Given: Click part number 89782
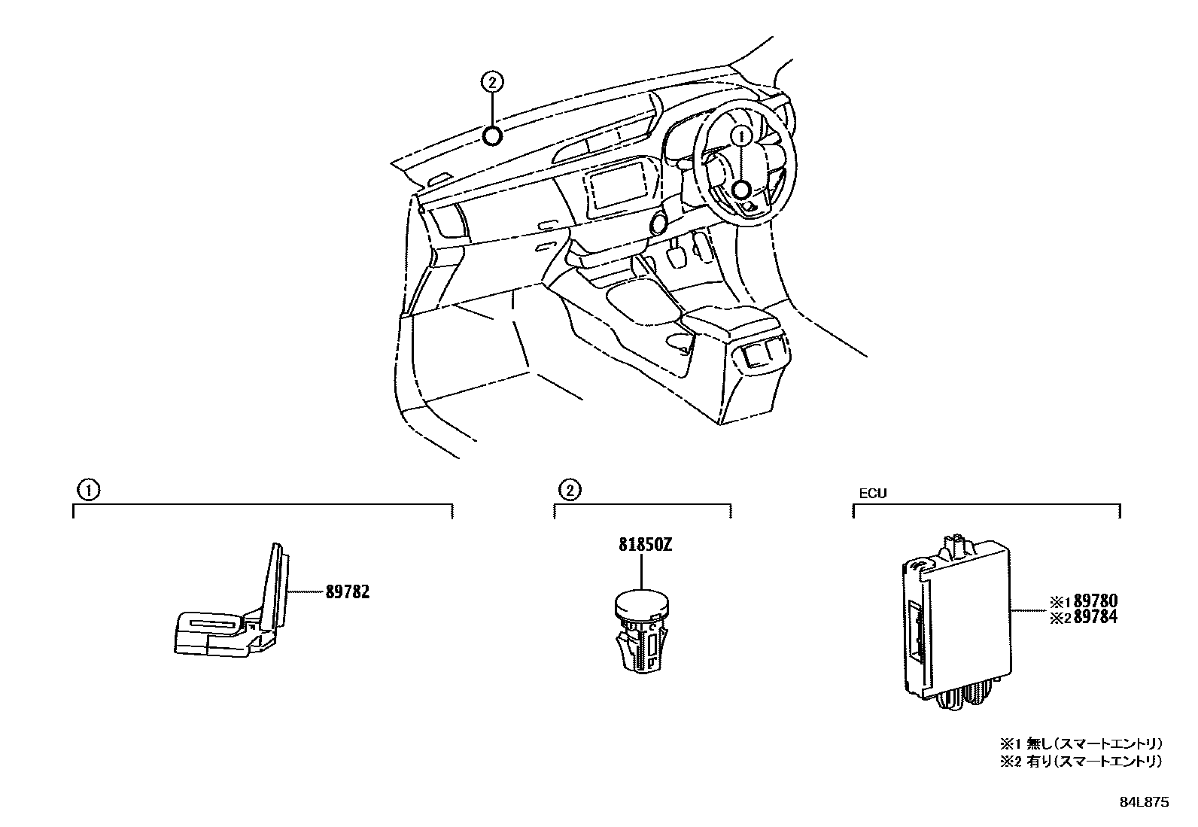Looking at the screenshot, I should point(348,592).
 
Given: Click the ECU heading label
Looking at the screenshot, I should point(873,494).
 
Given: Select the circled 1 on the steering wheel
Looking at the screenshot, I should point(741,136).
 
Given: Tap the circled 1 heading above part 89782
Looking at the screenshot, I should point(87,491).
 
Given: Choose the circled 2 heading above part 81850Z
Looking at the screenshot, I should point(569,491).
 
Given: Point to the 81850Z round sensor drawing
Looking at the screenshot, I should point(640,628).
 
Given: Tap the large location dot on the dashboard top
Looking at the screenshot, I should point(491,136).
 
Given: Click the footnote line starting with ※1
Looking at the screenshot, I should point(1080,743).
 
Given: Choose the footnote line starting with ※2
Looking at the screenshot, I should point(1080,762).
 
